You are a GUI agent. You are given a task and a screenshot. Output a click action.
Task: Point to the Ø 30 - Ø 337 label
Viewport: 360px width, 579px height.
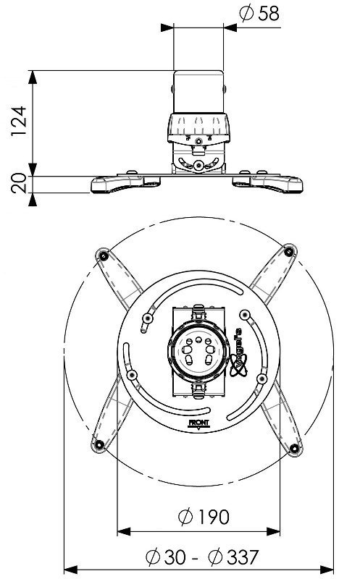pos(202,558)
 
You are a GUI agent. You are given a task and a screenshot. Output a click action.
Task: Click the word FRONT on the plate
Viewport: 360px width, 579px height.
pos(198,422)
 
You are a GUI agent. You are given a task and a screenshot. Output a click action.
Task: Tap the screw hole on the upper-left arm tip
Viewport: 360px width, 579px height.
pos(104,254)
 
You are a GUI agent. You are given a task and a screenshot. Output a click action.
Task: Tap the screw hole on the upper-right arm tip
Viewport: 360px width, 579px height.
pos(290,251)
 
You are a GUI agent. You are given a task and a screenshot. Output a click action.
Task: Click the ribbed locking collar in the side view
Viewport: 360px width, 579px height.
pos(198,127)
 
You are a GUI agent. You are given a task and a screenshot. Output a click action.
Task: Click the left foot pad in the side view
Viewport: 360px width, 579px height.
pos(116,183)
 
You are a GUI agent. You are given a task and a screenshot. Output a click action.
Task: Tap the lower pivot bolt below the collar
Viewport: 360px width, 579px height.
pos(198,166)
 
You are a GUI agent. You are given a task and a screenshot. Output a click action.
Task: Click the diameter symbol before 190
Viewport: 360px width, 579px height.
pos(185,517)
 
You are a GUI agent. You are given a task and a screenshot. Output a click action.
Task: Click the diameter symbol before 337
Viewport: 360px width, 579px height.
pos(215,558)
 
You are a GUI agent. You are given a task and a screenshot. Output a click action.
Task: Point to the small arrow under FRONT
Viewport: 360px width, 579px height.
pos(198,428)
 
